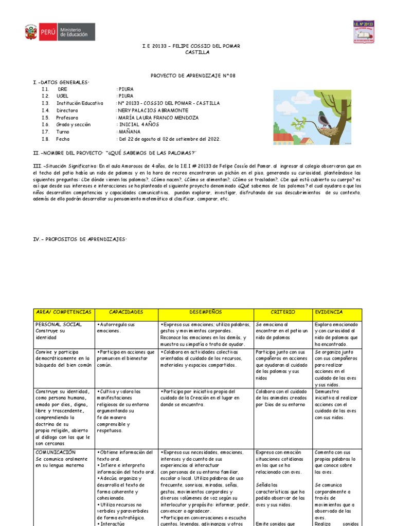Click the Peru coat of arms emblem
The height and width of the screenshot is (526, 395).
click(30, 32)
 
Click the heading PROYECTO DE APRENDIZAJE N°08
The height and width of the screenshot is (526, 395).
click(192, 76)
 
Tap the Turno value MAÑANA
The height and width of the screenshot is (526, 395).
click(129, 131)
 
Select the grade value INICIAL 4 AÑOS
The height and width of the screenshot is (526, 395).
click(139, 124)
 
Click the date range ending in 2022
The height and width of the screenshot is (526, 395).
click(161, 139)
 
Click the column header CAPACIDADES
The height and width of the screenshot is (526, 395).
click(126, 312)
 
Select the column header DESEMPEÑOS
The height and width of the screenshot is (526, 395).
click(206, 312)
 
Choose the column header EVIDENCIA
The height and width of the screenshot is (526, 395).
click(330, 312)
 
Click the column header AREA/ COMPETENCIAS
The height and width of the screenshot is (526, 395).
click(63, 312)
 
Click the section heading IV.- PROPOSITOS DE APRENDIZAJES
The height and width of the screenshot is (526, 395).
click(80, 240)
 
